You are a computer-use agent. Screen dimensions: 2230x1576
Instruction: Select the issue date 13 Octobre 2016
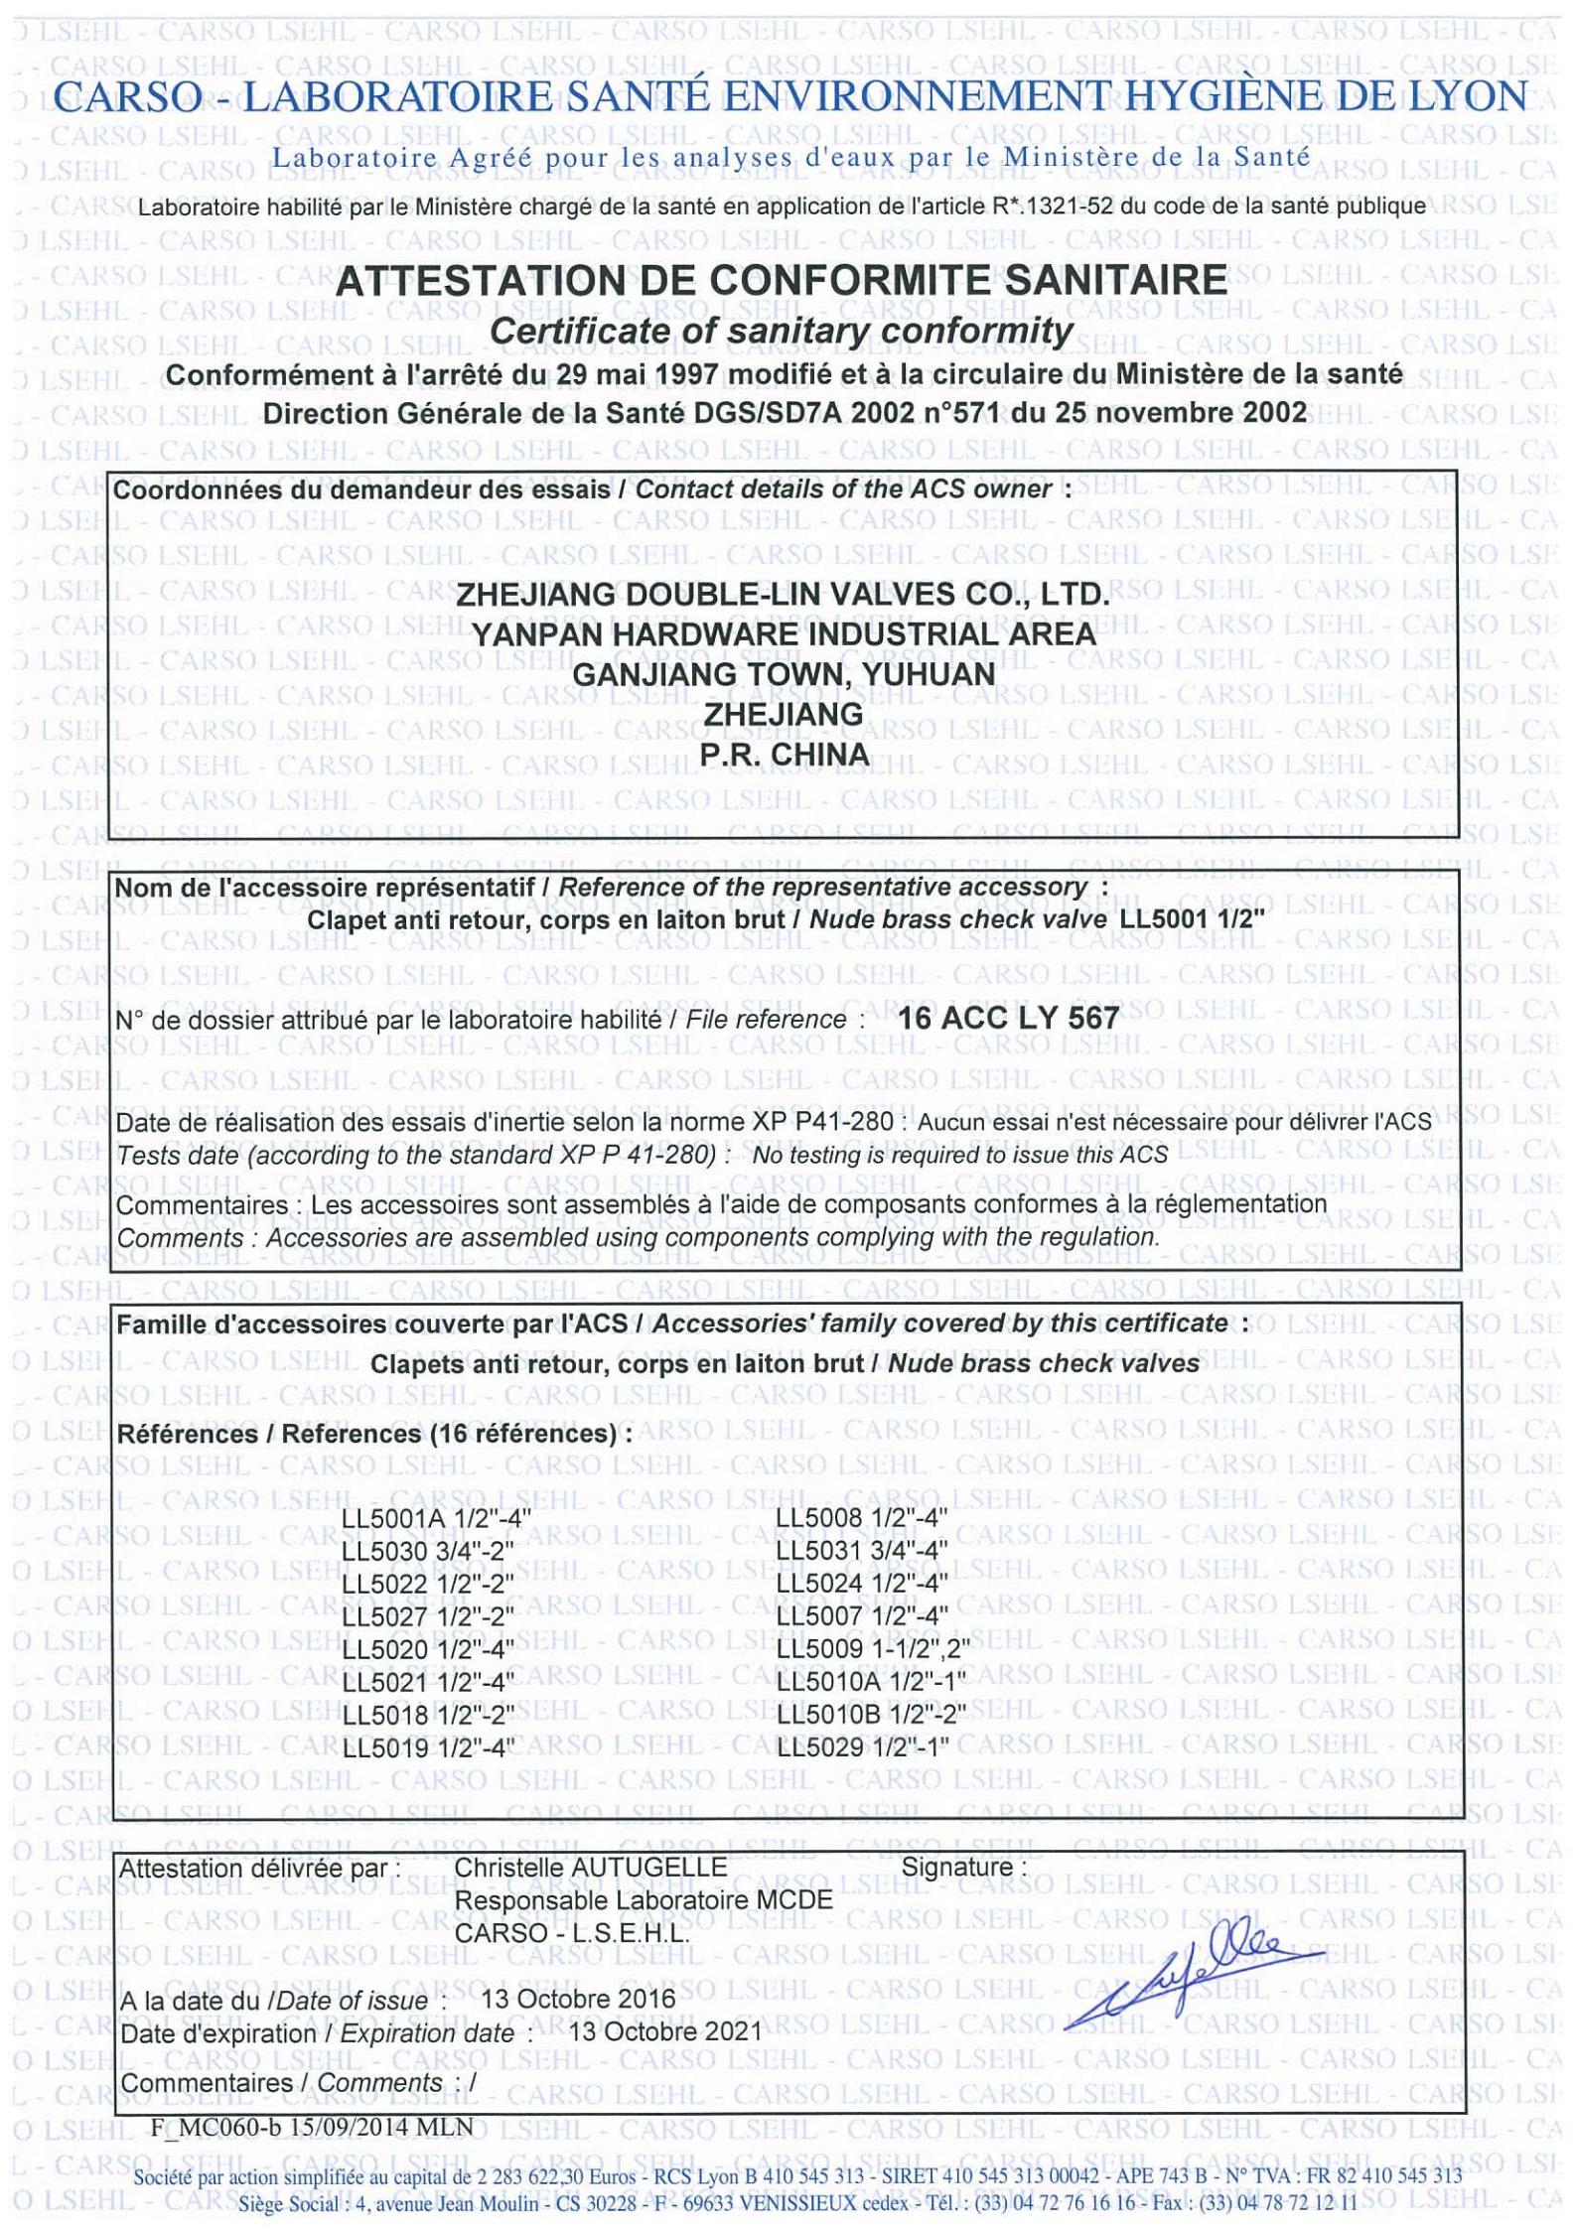[x=576, y=1998]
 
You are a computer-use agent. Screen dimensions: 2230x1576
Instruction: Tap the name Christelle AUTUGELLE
[x=591, y=1866]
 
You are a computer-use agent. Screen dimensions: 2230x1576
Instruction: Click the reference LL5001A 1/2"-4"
[x=436, y=1518]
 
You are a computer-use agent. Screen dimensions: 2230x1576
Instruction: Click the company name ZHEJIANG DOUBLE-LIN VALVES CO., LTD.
[x=782, y=596]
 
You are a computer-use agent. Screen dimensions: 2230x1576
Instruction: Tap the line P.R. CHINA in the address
[x=784, y=756]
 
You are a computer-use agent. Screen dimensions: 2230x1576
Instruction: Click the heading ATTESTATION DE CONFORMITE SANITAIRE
[x=782, y=281]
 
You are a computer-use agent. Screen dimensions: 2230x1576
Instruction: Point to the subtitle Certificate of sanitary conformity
[x=782, y=331]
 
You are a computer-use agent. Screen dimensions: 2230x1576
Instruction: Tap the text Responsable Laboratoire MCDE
[x=644, y=1899]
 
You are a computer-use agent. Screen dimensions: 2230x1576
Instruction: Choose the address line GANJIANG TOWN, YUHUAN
[x=784, y=674]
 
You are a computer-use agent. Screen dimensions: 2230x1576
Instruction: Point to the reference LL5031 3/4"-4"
[x=862, y=1551]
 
